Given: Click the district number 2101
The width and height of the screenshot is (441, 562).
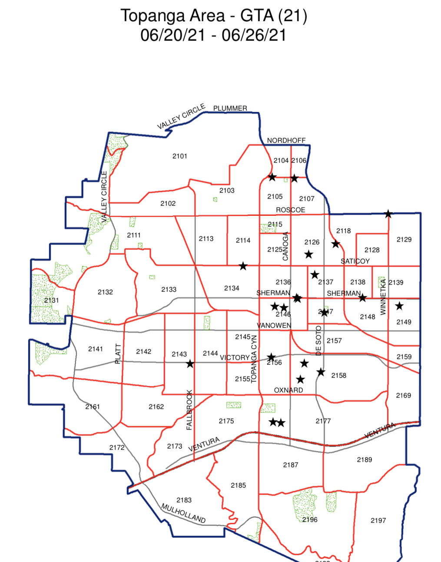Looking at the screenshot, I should coord(179,156).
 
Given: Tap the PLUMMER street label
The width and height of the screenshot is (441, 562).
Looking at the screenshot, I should coord(230,108).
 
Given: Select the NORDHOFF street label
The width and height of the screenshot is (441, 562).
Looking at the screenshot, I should coord(286,140).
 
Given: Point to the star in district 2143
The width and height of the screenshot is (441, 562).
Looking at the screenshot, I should coord(190,364).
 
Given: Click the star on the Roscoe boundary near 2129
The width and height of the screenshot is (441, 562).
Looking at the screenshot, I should coord(388,214).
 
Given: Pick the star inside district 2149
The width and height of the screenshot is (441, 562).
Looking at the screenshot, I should coord(399,306).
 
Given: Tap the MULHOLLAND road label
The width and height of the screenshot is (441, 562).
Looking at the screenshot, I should coord(183,513).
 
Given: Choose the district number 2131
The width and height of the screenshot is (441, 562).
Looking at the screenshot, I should coord(51,300).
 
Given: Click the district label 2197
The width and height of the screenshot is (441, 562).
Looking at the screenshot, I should coord(378,520).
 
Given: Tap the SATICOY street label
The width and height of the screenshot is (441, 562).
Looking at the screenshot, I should coord(355,261).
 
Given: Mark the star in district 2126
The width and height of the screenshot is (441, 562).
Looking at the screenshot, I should coord(308,254).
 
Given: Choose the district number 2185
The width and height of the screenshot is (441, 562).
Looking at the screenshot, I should coord(238,485).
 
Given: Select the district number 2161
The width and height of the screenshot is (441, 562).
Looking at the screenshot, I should coord(93,407).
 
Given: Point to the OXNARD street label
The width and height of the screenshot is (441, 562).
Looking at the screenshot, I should coord(288,390).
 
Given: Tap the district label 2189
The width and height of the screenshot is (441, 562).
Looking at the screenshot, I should coord(364,460).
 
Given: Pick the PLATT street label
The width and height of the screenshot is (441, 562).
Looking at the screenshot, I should coord(118,354).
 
